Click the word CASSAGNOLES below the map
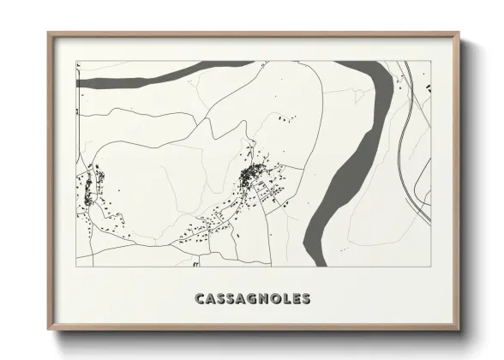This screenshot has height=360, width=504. [253, 299]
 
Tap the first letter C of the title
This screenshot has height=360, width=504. [200, 299]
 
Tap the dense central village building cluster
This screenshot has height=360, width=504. [253, 177]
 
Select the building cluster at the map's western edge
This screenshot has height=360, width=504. [88, 185]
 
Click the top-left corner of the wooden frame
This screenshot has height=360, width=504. [49, 33]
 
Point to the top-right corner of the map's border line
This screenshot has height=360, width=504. [430, 61]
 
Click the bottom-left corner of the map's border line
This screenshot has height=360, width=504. [76, 267]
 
